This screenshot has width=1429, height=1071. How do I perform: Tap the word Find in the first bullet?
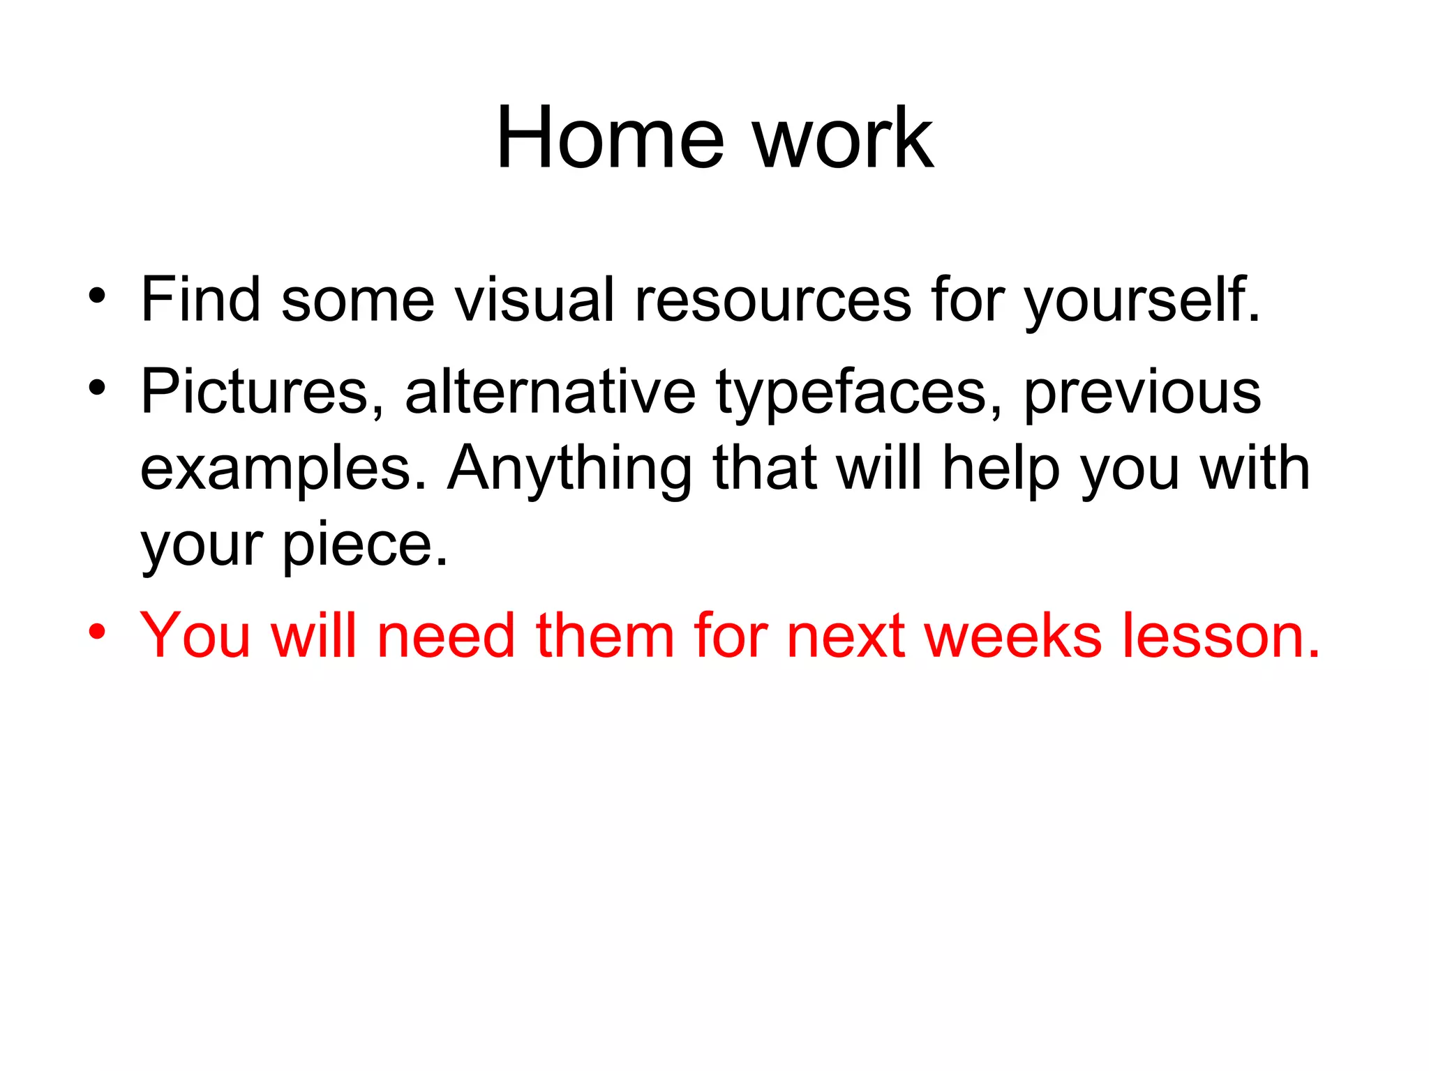(200, 299)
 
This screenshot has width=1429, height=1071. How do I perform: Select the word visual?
(534, 299)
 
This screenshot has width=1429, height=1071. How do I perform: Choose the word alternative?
(550, 391)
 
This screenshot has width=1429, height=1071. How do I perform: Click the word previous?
(1142, 393)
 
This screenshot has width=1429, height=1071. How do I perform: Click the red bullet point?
(97, 632)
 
